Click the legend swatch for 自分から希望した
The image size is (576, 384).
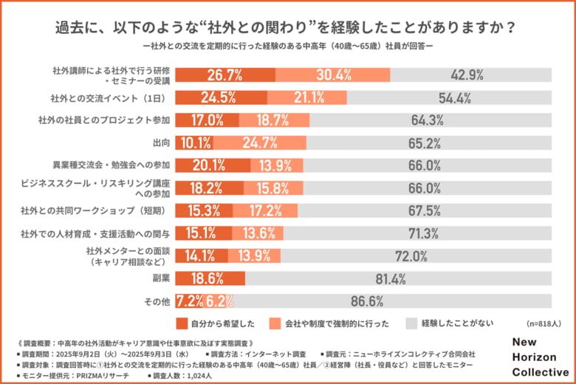[184, 323]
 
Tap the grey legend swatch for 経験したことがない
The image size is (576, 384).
[412, 323]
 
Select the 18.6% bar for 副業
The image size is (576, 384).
[210, 278]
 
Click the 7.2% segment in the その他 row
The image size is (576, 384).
[189, 301]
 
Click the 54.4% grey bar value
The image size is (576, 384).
[455, 97]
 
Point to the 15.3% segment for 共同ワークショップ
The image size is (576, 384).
[203, 210]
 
